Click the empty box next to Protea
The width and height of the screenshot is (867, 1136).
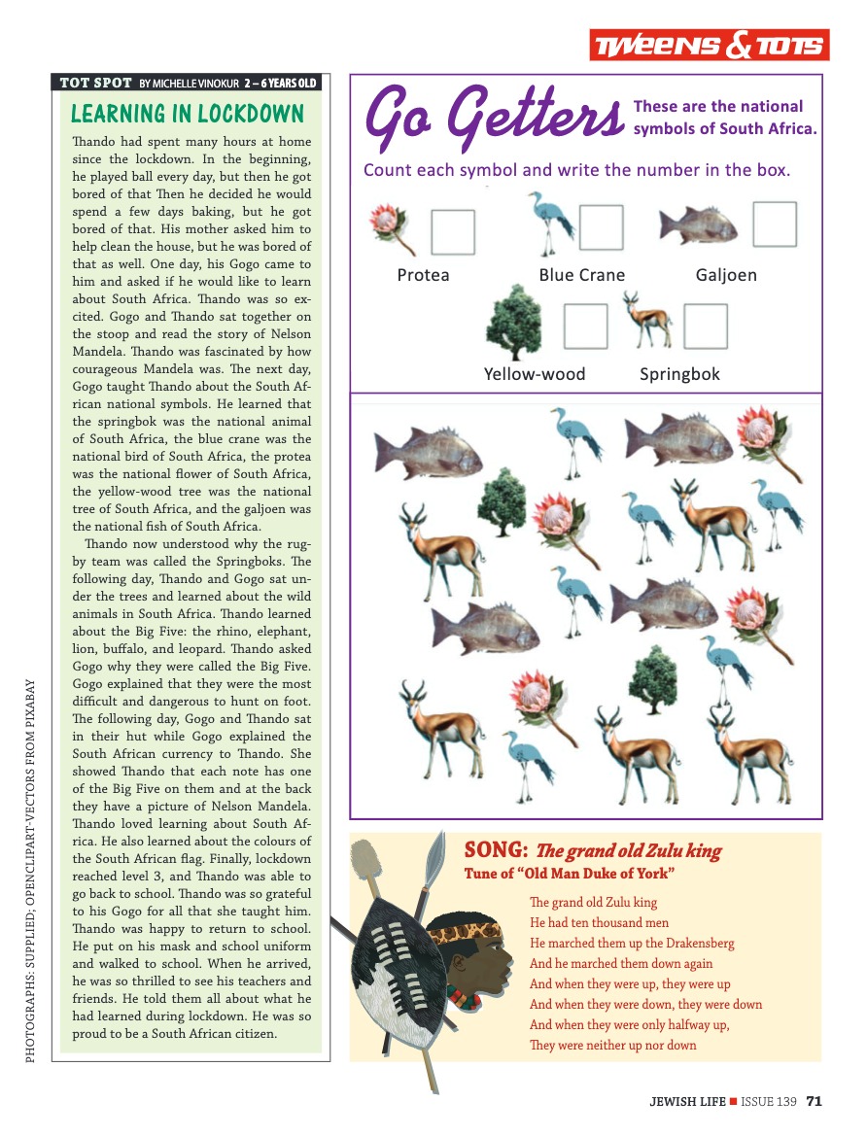coord(453,232)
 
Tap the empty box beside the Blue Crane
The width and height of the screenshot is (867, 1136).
coord(601,226)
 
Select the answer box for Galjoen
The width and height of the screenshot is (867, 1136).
coord(775,224)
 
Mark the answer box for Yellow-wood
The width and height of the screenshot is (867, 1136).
coord(586,327)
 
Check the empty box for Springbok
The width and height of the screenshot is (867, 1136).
coord(705,327)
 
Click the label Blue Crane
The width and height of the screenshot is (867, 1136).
coord(581,275)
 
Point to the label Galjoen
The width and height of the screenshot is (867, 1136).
coord(726,275)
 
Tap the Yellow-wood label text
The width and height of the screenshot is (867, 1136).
coord(535,374)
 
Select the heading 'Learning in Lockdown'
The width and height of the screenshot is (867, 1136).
coord(188,114)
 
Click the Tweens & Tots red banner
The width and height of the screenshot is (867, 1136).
coord(707,46)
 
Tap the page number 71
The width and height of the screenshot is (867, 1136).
coord(815,1101)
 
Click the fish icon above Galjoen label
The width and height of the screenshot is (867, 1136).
coord(698,225)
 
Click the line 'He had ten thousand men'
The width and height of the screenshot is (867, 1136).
coord(599,923)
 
